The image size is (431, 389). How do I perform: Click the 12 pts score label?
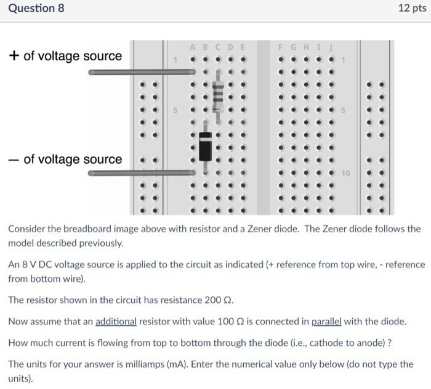click(412, 9)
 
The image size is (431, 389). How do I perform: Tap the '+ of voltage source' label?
click(65, 56)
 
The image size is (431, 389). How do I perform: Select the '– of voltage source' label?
click(65, 159)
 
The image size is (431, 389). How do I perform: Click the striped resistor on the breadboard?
click(217, 95)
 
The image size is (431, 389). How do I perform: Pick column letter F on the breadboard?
click(281, 47)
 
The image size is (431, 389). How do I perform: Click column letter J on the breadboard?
click(331, 47)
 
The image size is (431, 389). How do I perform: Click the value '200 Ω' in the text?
click(217, 300)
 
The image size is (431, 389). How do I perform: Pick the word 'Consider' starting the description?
click(28, 229)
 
